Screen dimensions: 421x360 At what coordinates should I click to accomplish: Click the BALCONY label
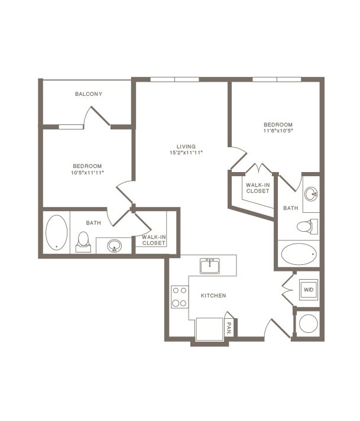[89, 94]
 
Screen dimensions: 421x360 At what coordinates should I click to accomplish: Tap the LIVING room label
[186, 147]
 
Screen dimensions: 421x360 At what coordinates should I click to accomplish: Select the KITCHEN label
[213, 295]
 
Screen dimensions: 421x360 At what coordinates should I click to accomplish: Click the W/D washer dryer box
[308, 290]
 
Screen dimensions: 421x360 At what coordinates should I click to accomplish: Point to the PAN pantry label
[229, 327]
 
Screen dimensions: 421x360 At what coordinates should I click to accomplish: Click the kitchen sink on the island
[210, 266]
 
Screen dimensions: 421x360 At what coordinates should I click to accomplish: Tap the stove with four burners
[179, 296]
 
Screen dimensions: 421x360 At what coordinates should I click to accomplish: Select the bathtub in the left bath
[57, 232]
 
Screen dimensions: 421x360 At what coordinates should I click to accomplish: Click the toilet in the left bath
[83, 241]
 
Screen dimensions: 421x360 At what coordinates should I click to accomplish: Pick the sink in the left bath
[114, 245]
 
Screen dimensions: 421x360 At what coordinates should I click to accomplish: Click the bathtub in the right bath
[299, 254]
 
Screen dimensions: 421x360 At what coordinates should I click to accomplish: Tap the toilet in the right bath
[307, 226]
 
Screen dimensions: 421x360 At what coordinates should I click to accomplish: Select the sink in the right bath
[311, 194]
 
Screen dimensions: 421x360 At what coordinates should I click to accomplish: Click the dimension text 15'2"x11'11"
[186, 153]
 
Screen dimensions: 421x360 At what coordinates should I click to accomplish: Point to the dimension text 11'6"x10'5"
[278, 131]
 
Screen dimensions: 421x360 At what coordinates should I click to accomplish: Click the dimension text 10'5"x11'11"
[87, 173]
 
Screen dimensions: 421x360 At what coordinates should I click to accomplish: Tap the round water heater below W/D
[308, 323]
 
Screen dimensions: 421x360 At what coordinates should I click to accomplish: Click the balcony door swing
[96, 117]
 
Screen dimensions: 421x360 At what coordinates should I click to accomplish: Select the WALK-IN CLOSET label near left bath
[154, 240]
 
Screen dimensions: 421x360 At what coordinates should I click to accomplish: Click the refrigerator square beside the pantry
[209, 329]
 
